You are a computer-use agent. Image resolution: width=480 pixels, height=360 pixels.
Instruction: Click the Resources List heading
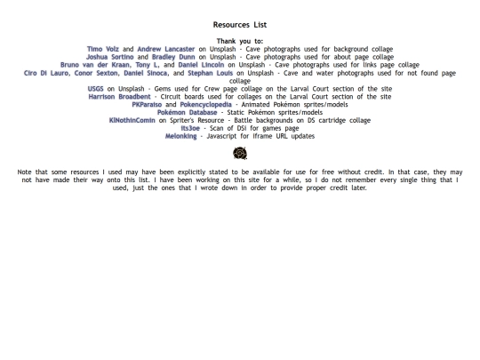click(240, 25)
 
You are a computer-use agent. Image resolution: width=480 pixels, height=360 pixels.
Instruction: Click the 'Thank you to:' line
click(240, 41)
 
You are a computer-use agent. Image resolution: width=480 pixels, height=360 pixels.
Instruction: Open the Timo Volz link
click(103, 49)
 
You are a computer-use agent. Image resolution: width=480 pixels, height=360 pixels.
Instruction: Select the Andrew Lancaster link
click(165, 49)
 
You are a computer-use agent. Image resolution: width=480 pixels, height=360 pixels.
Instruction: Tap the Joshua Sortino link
click(111, 57)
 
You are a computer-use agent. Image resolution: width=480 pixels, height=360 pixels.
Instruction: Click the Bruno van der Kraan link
click(93, 65)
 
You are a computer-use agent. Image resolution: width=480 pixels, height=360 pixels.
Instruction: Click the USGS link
click(95, 89)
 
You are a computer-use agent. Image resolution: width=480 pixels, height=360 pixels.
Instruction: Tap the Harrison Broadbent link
click(119, 97)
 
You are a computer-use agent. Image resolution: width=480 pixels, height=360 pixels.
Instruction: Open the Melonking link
click(182, 137)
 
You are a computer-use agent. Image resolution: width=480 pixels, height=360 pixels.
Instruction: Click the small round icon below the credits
click(240, 154)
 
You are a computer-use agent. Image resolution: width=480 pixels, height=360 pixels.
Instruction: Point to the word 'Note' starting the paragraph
click(25, 172)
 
